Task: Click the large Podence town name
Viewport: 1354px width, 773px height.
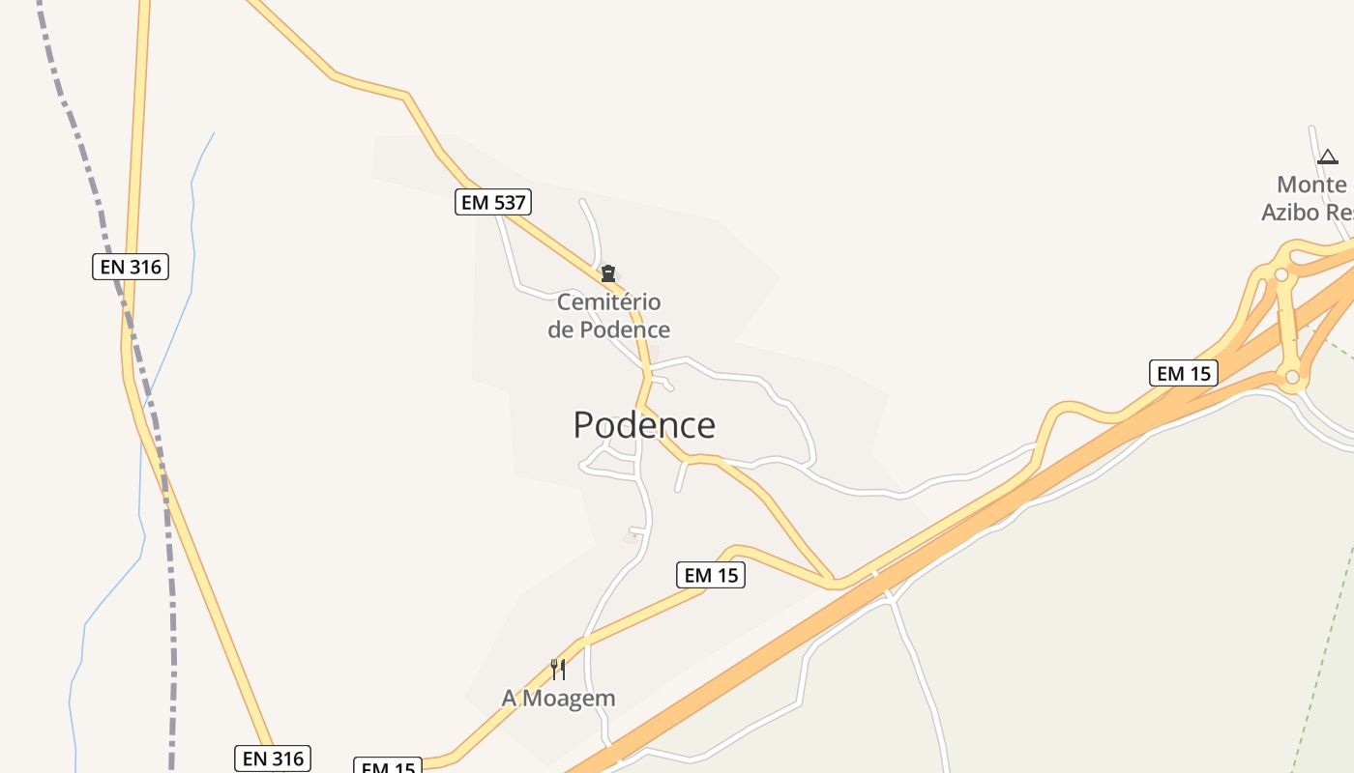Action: point(644,425)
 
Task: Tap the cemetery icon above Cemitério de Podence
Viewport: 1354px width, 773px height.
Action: point(608,274)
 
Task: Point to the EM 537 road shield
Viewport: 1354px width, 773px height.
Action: point(493,202)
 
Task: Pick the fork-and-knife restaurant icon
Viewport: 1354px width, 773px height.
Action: point(558,669)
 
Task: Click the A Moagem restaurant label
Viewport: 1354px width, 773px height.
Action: point(558,698)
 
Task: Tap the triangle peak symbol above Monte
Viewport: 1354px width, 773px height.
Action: point(1328,157)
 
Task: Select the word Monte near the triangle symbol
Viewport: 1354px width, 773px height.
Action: point(1311,185)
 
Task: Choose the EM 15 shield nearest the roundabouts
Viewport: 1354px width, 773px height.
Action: point(1184,373)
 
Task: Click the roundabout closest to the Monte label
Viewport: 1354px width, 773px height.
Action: point(1281,275)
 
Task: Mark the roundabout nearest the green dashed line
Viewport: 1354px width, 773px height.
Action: point(1291,377)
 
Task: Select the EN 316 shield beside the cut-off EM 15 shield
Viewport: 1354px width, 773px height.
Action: point(274,759)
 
